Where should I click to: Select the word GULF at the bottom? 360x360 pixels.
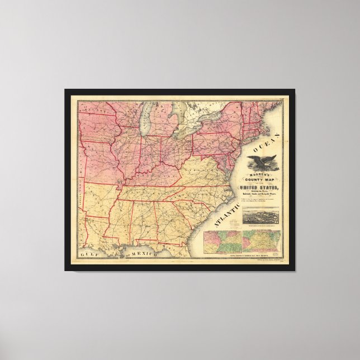pyautogui.click(x=89, y=254)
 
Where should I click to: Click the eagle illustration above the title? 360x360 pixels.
pyautogui.click(x=260, y=163)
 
